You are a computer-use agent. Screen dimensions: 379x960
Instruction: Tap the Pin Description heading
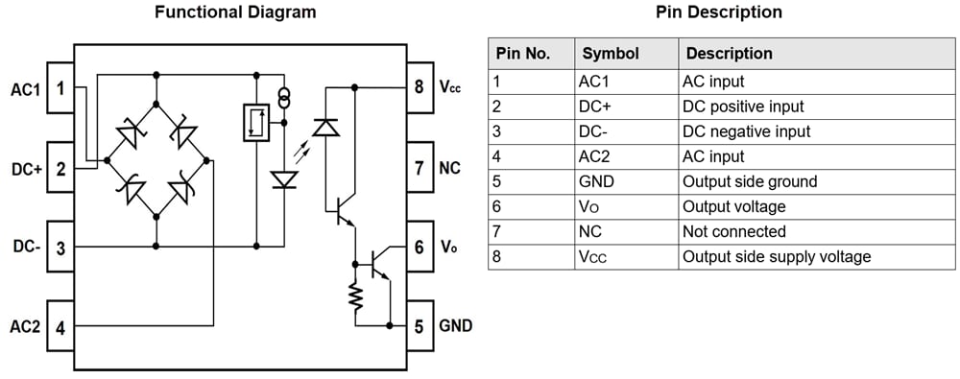[x=719, y=12]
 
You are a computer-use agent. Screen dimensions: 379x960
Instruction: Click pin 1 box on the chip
[x=60, y=89]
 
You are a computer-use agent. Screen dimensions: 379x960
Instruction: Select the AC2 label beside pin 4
[x=25, y=327]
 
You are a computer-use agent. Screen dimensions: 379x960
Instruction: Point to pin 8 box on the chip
[x=419, y=86]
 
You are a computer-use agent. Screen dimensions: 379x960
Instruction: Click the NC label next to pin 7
[x=450, y=168]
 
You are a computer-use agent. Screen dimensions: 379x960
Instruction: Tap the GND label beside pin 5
[x=455, y=325]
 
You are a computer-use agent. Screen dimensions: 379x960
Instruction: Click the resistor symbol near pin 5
[x=355, y=298]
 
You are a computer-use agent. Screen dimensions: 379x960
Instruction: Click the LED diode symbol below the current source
[x=284, y=179]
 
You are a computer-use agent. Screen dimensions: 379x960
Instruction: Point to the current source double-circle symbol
[x=284, y=98]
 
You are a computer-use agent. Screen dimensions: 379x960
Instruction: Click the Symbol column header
[x=611, y=54]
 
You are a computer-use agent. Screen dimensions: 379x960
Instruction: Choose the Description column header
[x=729, y=54]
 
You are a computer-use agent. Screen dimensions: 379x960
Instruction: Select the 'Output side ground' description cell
[x=749, y=181]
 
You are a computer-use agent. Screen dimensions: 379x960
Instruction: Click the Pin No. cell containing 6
[x=497, y=206]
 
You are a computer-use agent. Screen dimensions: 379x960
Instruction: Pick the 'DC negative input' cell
[x=745, y=131]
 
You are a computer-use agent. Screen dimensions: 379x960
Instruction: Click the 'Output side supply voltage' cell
[x=776, y=256]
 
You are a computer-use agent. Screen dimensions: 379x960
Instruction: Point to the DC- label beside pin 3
[x=25, y=247]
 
